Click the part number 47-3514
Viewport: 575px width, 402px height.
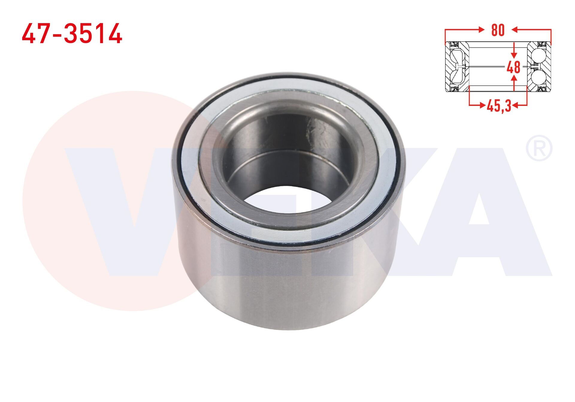coord(72,33)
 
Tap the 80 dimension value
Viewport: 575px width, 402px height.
coord(498,30)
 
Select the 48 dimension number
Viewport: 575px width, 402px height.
coord(514,67)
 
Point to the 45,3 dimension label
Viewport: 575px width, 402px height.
coord(499,106)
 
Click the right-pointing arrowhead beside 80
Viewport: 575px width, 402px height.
coord(481,29)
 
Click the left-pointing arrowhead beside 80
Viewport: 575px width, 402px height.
coord(515,29)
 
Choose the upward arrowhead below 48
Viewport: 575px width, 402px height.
coord(514,78)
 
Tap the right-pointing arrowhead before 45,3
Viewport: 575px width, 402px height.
coord(482,105)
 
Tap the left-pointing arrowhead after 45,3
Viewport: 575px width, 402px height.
coord(515,105)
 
